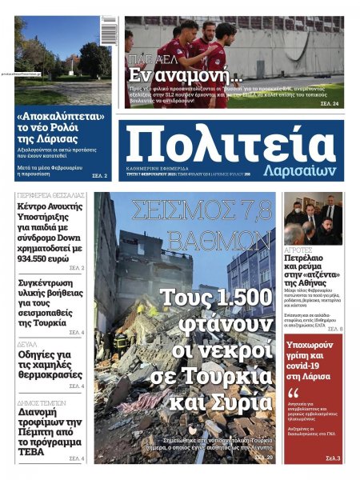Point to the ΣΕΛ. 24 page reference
coord(330,104)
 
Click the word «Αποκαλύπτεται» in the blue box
coord(63,118)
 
